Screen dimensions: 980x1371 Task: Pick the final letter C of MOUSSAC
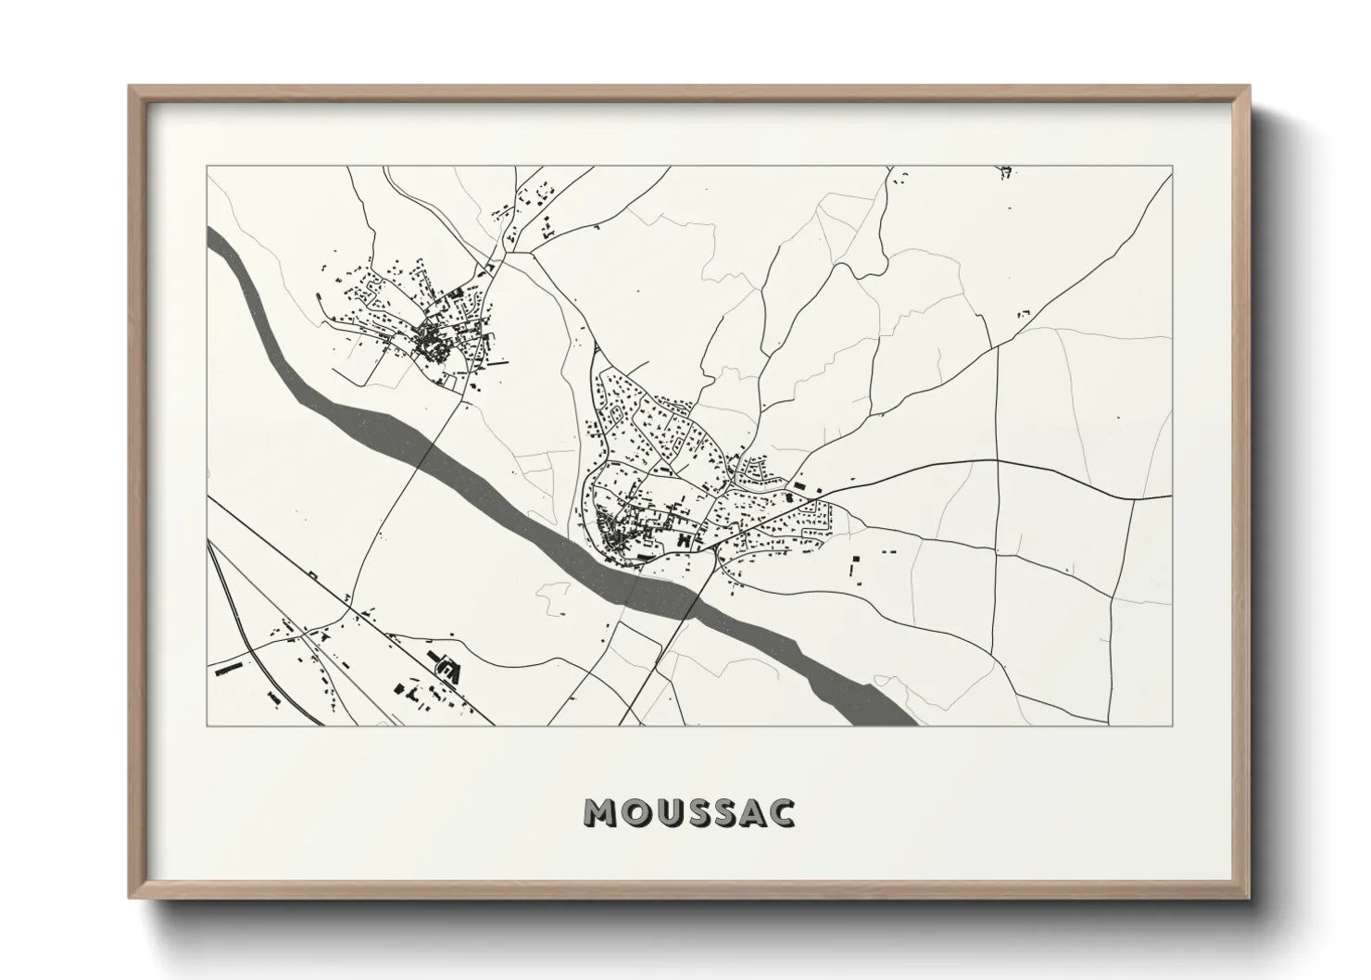(781, 812)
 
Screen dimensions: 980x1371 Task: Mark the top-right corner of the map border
(1172, 167)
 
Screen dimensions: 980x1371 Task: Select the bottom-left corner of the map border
(208, 725)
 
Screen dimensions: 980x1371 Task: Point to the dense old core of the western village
(431, 343)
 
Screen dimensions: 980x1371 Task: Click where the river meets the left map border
(209, 244)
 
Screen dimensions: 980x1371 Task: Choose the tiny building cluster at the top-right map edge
(1007, 171)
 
